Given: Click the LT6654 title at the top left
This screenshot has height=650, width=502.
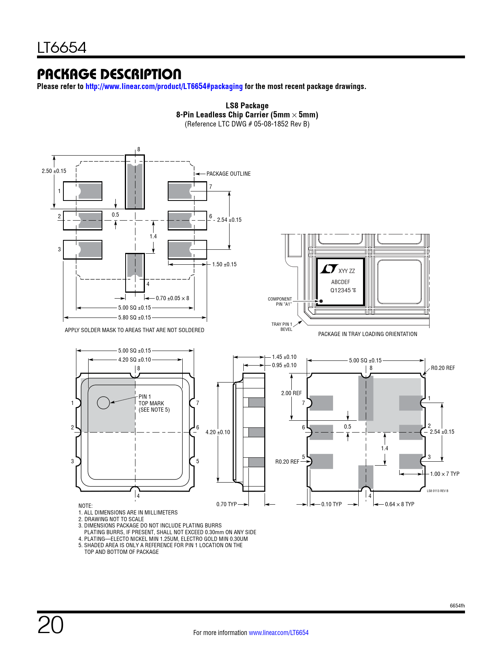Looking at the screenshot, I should click(x=62, y=48).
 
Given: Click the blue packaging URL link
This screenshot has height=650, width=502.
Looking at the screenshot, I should click(x=164, y=86).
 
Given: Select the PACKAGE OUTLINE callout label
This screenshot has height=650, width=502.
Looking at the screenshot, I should click(x=228, y=174).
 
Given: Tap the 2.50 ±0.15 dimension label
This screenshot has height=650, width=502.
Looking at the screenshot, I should click(x=54, y=171).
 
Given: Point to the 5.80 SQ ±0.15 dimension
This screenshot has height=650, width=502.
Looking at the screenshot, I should click(x=135, y=318).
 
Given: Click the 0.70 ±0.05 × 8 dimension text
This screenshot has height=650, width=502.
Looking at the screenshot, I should click(x=172, y=298).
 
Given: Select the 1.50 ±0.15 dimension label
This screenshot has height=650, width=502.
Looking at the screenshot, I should click(x=224, y=264).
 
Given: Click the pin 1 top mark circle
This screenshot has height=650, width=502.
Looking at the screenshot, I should click(x=103, y=403).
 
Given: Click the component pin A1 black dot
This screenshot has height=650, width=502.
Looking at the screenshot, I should click(x=321, y=301).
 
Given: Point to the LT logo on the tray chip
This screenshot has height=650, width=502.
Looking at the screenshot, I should click(x=328, y=269).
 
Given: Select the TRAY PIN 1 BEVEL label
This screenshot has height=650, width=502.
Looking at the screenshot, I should click(x=282, y=327).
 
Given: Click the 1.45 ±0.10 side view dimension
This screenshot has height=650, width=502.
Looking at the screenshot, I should click(x=284, y=357).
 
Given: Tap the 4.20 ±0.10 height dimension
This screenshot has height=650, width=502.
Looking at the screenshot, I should click(x=218, y=432).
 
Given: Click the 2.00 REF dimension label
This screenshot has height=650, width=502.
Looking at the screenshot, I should click(x=291, y=393).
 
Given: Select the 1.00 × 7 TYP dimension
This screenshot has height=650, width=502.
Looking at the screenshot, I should click(x=445, y=474).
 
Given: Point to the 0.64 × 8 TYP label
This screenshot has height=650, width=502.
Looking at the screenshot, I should click(x=400, y=504).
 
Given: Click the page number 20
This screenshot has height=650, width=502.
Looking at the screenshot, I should click(x=50, y=625).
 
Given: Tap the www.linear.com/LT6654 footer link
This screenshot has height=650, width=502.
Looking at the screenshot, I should click(x=279, y=633).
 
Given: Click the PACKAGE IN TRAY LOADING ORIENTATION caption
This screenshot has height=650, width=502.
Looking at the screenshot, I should click(x=367, y=334).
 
